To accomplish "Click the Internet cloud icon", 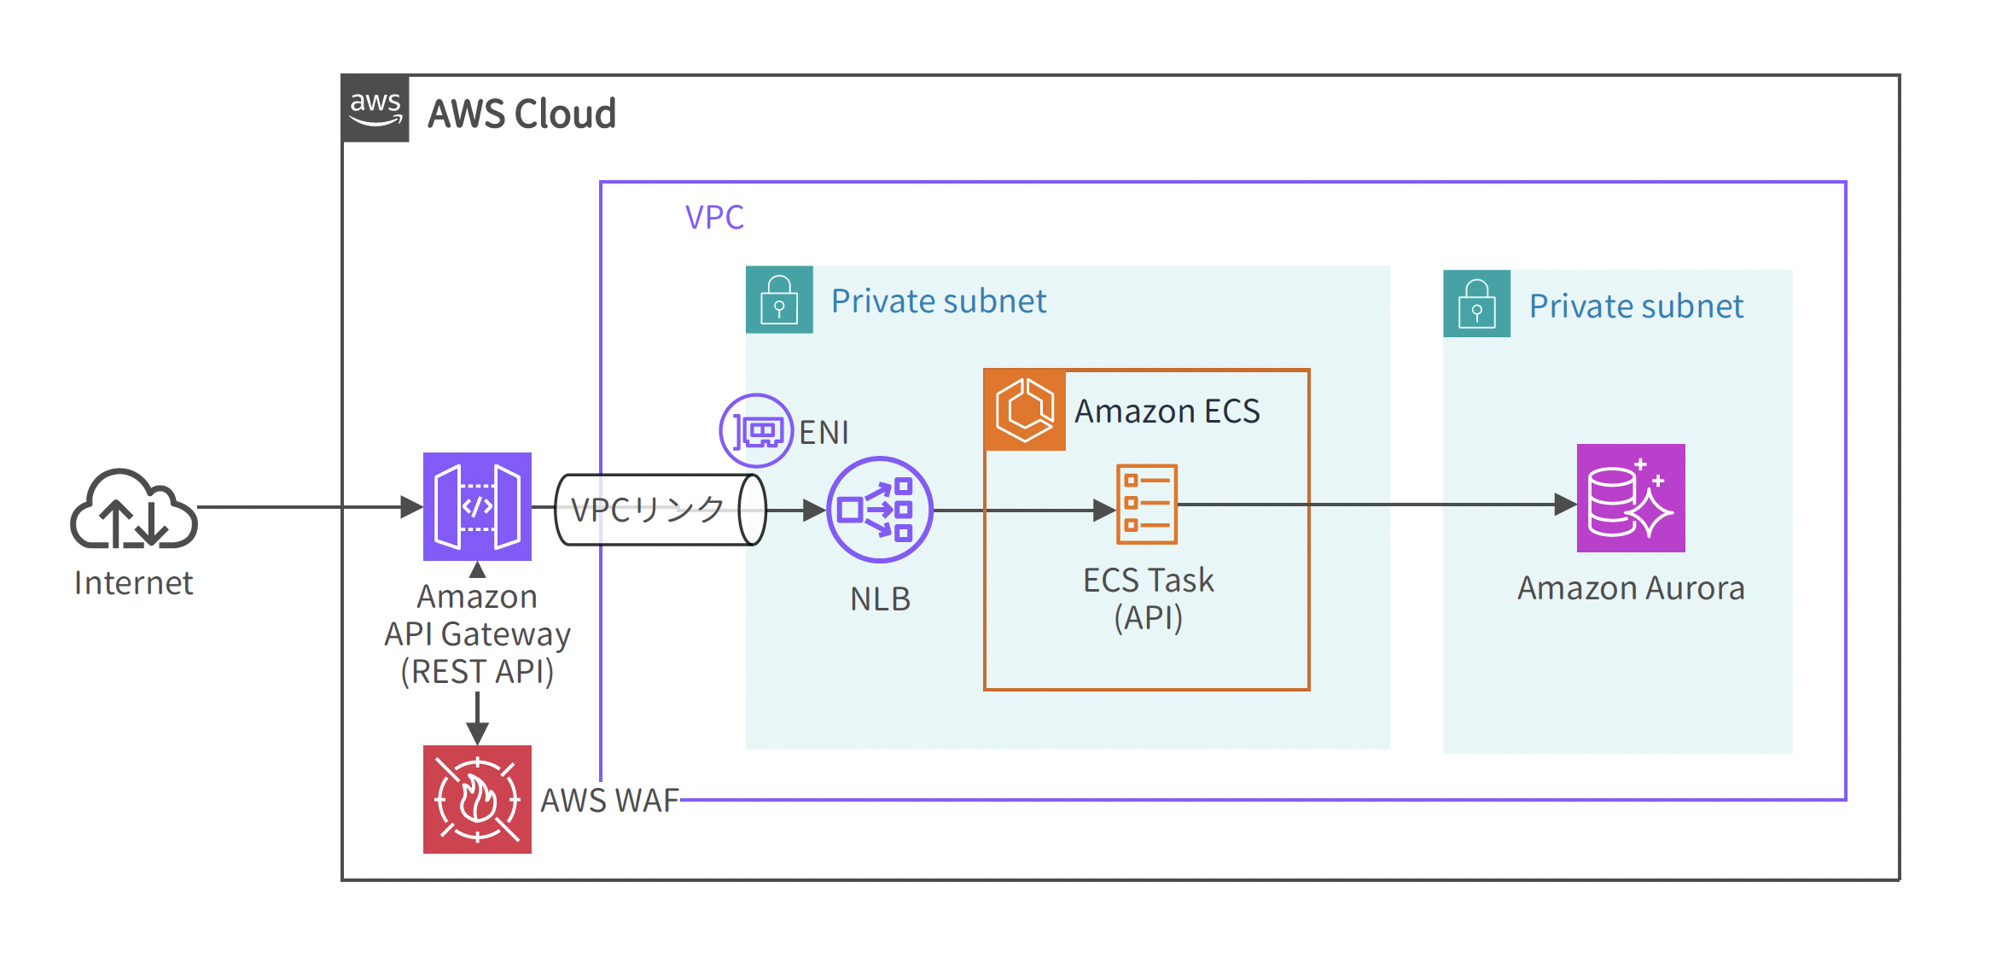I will [x=134, y=509].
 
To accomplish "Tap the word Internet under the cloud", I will [x=134, y=583].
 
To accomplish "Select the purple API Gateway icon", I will [x=477, y=506].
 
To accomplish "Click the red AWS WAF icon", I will [x=477, y=799].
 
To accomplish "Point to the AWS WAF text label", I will [x=609, y=801].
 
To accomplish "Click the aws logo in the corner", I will [x=375, y=108].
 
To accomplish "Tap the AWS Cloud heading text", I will [x=521, y=114].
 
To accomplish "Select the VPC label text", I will [x=714, y=218].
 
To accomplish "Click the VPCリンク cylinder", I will [x=659, y=510].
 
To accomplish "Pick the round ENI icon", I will [x=756, y=430].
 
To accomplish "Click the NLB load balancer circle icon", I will [x=879, y=510].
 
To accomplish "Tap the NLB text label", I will [x=880, y=599].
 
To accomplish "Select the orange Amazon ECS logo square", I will [x=1025, y=410].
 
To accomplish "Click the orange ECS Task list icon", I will [x=1147, y=504].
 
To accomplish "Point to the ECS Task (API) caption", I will [x=1148, y=598].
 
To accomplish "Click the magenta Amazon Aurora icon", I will [x=1630, y=498].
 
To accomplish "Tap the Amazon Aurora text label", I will [x=1630, y=588].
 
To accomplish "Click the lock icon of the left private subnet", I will [x=779, y=300].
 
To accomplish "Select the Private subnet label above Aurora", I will [x=1635, y=306].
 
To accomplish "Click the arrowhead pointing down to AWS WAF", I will [x=477, y=732].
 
